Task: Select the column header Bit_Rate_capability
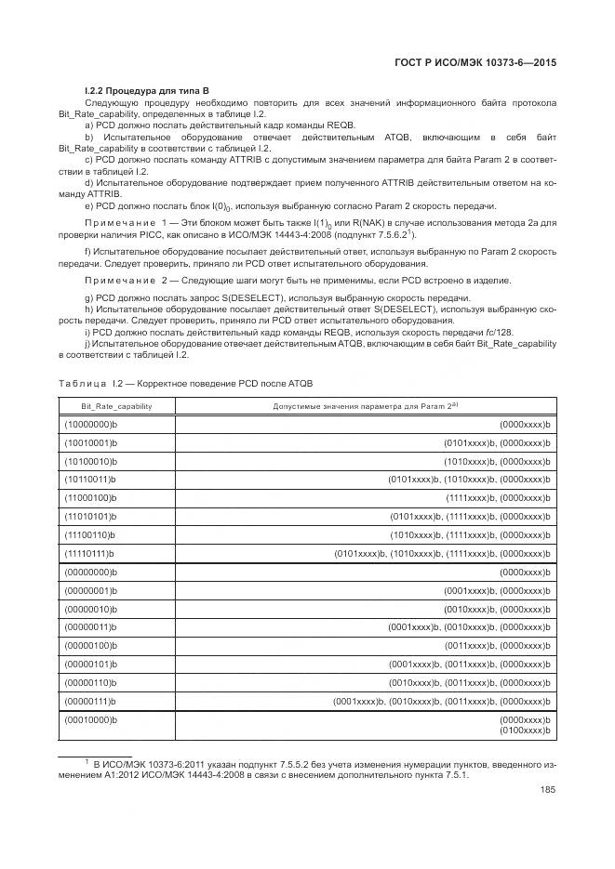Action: pyautogui.click(x=116, y=406)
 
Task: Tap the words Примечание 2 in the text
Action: pyautogui.click(x=122, y=280)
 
